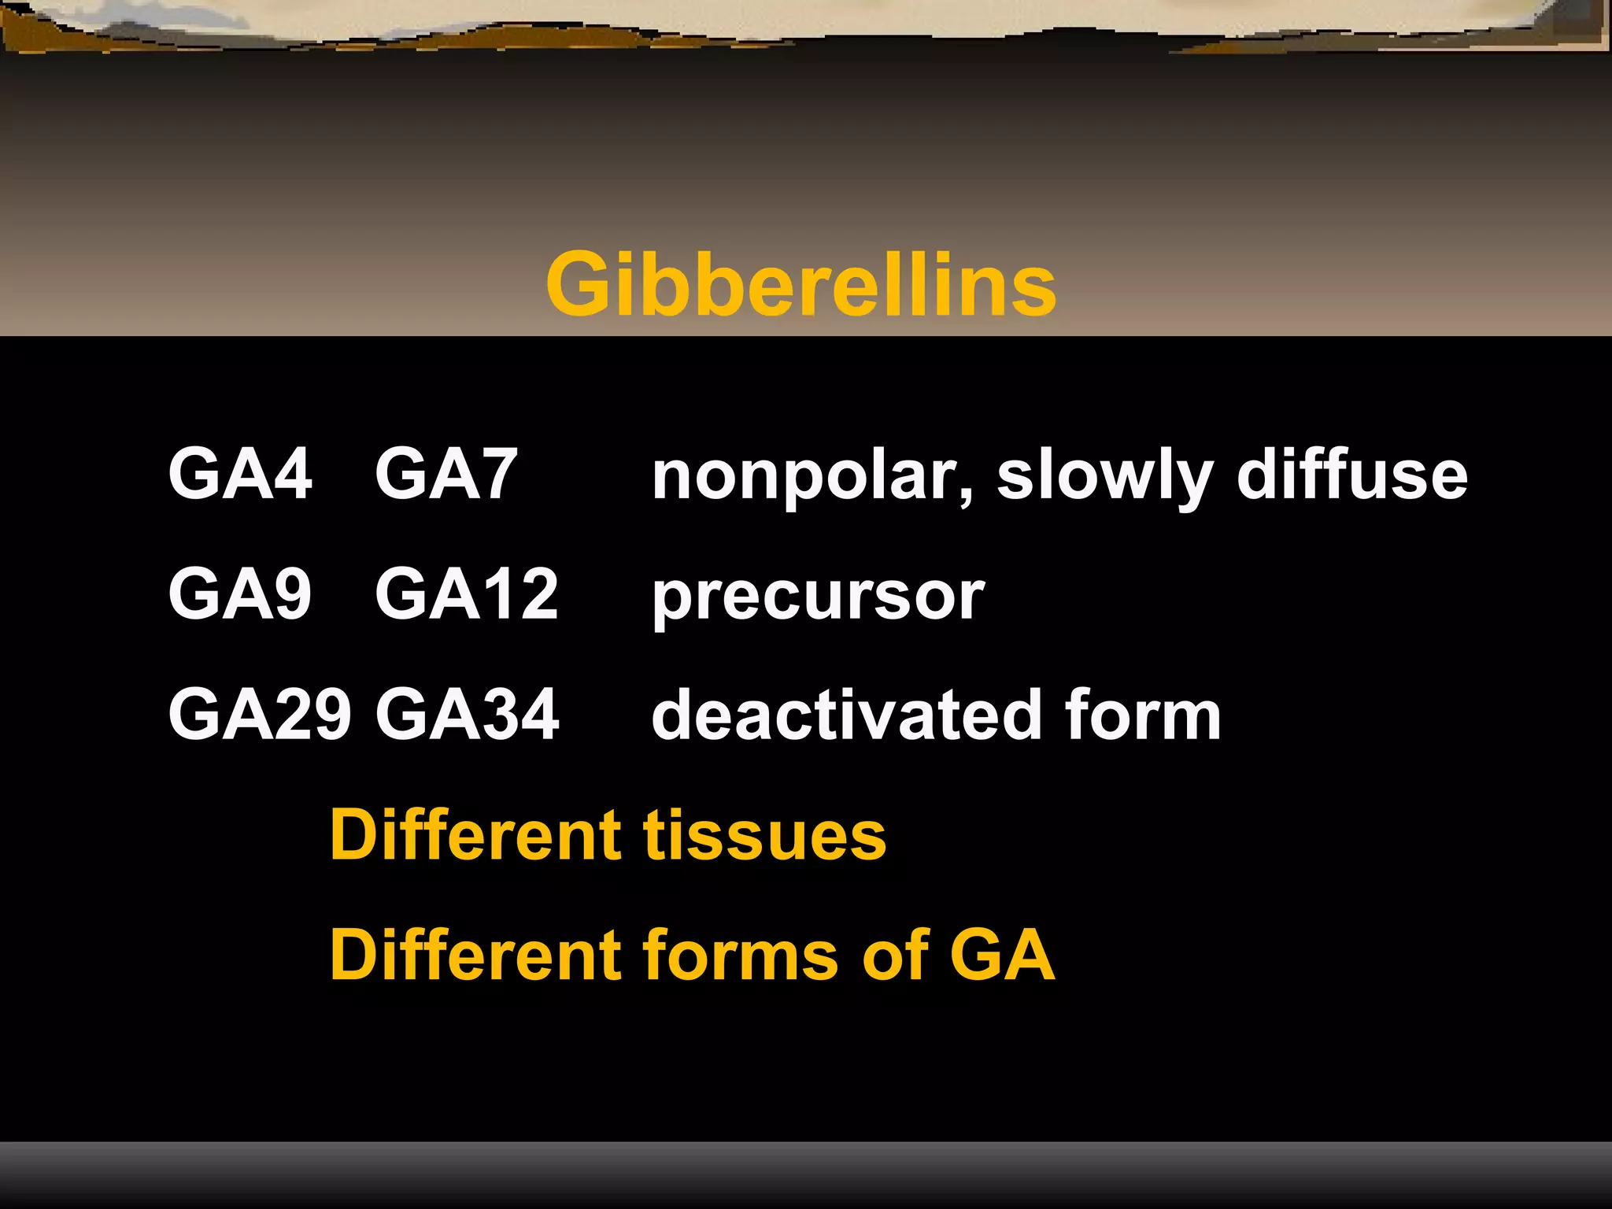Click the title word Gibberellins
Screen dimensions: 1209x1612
point(800,284)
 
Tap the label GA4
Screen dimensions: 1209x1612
point(240,474)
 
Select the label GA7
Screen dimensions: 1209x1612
point(446,474)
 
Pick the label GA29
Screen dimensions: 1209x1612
point(260,714)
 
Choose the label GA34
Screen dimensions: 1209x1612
point(467,714)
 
